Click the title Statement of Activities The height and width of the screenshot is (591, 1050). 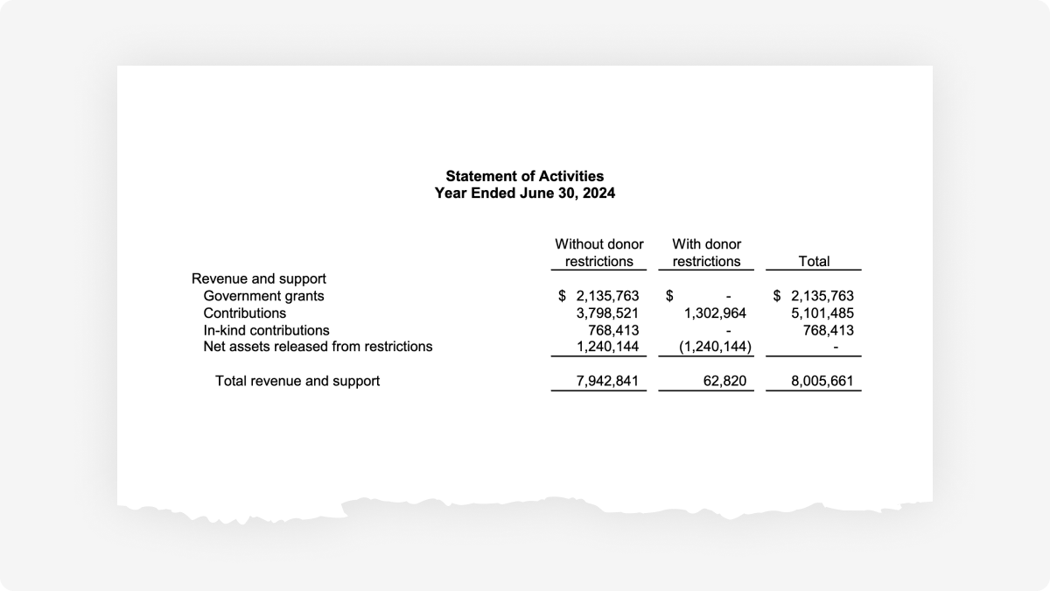524,177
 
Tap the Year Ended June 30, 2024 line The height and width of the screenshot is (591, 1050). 524,193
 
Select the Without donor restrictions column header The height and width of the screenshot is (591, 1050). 599,253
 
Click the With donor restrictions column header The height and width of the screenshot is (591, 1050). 706,253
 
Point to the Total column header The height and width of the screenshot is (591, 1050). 814,262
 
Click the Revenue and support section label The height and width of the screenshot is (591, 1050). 259,279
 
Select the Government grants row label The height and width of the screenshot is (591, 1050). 263,296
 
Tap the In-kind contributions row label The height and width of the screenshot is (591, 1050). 266,330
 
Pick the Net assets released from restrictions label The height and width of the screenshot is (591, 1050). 318,347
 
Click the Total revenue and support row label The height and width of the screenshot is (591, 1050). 297,381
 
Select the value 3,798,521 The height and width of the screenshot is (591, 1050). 607,313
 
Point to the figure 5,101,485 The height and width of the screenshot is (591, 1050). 822,313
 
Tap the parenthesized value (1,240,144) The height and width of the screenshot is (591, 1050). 715,347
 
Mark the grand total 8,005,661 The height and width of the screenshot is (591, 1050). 822,381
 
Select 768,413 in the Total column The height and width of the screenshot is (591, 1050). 829,330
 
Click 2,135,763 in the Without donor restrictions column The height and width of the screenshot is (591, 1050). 607,296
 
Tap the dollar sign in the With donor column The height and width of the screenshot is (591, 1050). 669,296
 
